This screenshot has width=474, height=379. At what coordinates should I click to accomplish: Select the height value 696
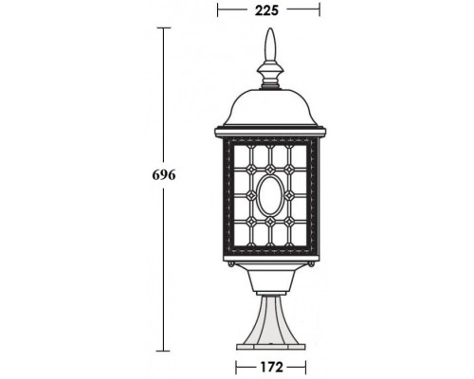[164, 175]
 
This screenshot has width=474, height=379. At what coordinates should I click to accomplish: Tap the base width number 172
[270, 365]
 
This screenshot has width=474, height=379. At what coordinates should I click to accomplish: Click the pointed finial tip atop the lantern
[270, 36]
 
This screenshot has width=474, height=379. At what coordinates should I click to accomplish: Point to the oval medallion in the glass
[270, 197]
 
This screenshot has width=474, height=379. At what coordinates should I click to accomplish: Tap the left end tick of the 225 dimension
[219, 12]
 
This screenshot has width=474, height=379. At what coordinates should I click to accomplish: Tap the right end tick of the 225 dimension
[320, 12]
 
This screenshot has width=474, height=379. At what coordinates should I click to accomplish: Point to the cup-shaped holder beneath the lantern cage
[270, 280]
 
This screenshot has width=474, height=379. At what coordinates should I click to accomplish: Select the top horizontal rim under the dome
[270, 128]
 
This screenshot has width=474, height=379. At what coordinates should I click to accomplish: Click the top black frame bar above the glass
[270, 140]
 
